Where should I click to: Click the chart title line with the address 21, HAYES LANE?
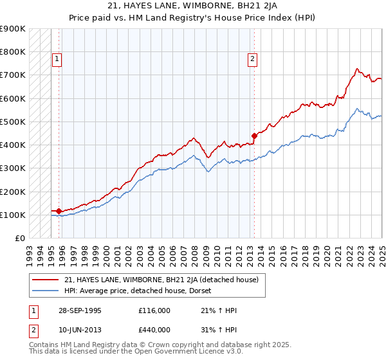click(192, 6)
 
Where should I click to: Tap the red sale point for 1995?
click(59, 211)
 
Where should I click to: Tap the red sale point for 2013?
click(254, 136)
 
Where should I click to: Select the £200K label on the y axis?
click(13, 192)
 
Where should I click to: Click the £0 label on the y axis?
click(19, 239)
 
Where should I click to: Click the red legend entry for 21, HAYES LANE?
click(161, 280)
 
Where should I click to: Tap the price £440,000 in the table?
click(154, 328)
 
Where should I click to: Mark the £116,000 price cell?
click(154, 310)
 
